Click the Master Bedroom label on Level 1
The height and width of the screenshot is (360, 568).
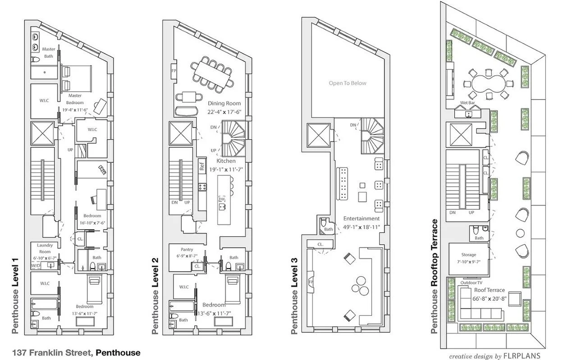click(x=75, y=99)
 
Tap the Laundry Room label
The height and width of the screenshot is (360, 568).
click(x=45, y=248)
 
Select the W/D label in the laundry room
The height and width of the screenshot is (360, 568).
click(x=35, y=266)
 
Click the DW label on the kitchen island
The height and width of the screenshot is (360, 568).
click(x=222, y=198)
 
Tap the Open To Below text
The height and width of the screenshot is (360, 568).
click(x=348, y=83)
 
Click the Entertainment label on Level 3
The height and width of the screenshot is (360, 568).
click(x=361, y=219)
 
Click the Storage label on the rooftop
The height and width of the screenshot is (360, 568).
click(x=468, y=255)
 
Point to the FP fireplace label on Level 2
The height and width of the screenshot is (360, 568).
click(x=174, y=71)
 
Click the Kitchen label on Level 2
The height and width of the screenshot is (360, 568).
click(x=225, y=160)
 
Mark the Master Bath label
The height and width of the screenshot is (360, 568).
click(x=48, y=52)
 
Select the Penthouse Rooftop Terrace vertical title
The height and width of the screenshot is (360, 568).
click(x=435, y=276)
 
